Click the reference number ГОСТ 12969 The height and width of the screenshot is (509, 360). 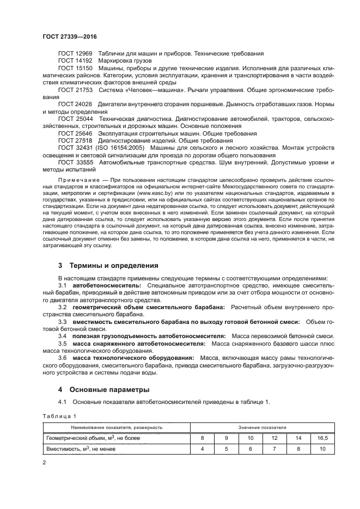coord(75,54)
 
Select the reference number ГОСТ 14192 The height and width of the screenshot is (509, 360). coord(75,61)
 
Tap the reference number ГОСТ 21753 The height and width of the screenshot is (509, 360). coord(75,89)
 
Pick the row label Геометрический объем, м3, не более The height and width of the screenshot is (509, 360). coord(94,438)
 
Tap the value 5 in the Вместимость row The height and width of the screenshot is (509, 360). coord(227,449)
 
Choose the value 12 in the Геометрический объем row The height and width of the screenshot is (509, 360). coord(274,438)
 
